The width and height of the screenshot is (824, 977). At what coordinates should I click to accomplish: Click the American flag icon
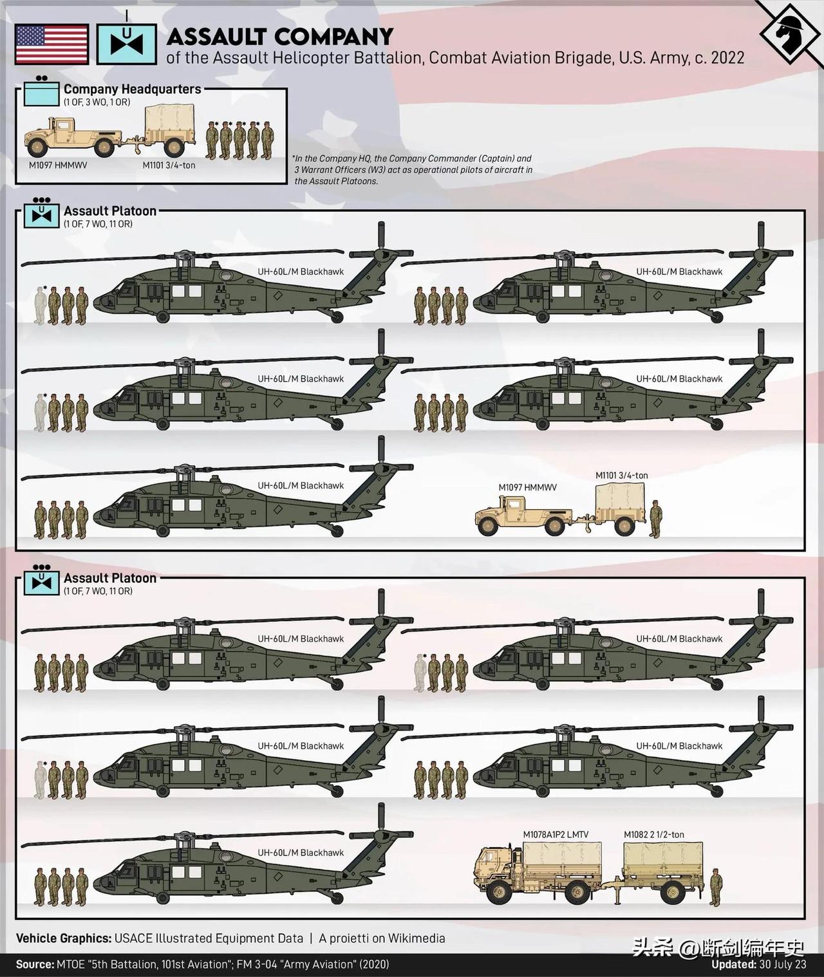click(51, 44)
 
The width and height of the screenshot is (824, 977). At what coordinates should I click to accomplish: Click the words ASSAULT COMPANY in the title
click(279, 36)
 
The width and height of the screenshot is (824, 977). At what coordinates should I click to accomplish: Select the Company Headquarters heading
click(132, 89)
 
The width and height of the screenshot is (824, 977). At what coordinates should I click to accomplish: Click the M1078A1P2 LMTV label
click(555, 835)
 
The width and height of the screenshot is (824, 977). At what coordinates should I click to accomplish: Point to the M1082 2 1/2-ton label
click(653, 835)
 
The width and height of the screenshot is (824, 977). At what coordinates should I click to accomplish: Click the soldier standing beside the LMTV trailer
click(715, 888)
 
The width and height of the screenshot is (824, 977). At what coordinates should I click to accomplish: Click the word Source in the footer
click(34, 965)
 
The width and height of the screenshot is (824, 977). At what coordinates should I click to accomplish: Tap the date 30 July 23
click(782, 965)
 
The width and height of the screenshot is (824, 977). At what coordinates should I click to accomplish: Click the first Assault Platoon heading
click(109, 211)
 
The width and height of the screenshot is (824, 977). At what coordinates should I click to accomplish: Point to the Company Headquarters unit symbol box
click(41, 93)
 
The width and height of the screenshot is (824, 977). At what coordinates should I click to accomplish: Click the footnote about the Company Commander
click(412, 170)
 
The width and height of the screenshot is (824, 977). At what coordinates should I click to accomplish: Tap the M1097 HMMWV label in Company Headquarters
click(58, 165)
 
